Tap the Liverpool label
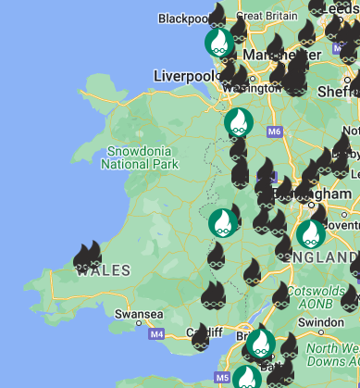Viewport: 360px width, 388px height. pos(186,75)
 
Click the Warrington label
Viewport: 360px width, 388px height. pos(252,89)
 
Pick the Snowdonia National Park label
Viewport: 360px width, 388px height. pos(139,157)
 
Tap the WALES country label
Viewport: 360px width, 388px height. pos(108,270)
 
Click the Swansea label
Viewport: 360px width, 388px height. pos(137,315)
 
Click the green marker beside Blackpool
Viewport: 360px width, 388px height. pos(218,42)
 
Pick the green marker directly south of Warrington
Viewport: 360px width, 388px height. pos(239,122)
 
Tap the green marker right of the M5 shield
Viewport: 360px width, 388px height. pos(246,378)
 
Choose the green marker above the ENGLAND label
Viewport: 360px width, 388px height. pos(310,233)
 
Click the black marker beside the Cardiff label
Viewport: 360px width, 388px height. pos(201,339)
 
